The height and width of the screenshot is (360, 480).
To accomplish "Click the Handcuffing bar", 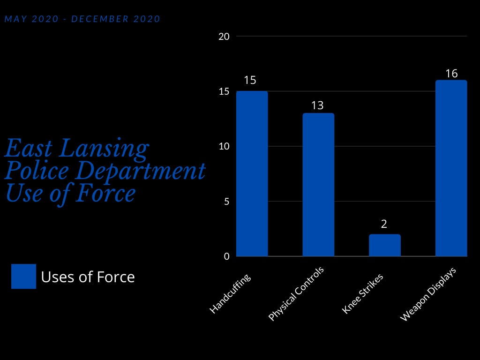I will click(252, 174).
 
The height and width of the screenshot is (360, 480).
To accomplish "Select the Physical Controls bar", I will click(318, 185).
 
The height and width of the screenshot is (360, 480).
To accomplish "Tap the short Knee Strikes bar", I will click(384, 245).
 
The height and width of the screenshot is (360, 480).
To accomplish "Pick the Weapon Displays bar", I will click(451, 168).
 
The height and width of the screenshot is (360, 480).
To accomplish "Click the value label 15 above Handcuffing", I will click(250, 80).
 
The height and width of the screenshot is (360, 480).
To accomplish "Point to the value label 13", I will click(317, 105).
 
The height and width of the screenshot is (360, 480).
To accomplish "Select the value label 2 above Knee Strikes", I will click(384, 224).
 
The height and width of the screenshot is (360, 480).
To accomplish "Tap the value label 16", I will click(451, 74).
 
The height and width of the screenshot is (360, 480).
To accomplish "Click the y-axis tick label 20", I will click(224, 37).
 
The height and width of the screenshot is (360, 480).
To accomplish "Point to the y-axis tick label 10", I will click(224, 147).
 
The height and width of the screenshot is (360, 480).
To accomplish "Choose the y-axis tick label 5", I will click(226, 202).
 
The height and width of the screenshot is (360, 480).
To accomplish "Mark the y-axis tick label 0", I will click(226, 256).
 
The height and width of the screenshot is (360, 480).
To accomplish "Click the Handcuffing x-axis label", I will click(230, 293).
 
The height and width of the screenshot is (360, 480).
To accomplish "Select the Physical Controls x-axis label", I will click(296, 294).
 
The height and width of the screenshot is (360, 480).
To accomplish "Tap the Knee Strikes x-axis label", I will click(363, 293).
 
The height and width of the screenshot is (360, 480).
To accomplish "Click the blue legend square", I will click(23, 276).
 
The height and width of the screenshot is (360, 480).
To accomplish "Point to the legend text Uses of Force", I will click(88, 277).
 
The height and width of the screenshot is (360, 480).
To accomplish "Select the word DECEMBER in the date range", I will click(100, 19).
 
